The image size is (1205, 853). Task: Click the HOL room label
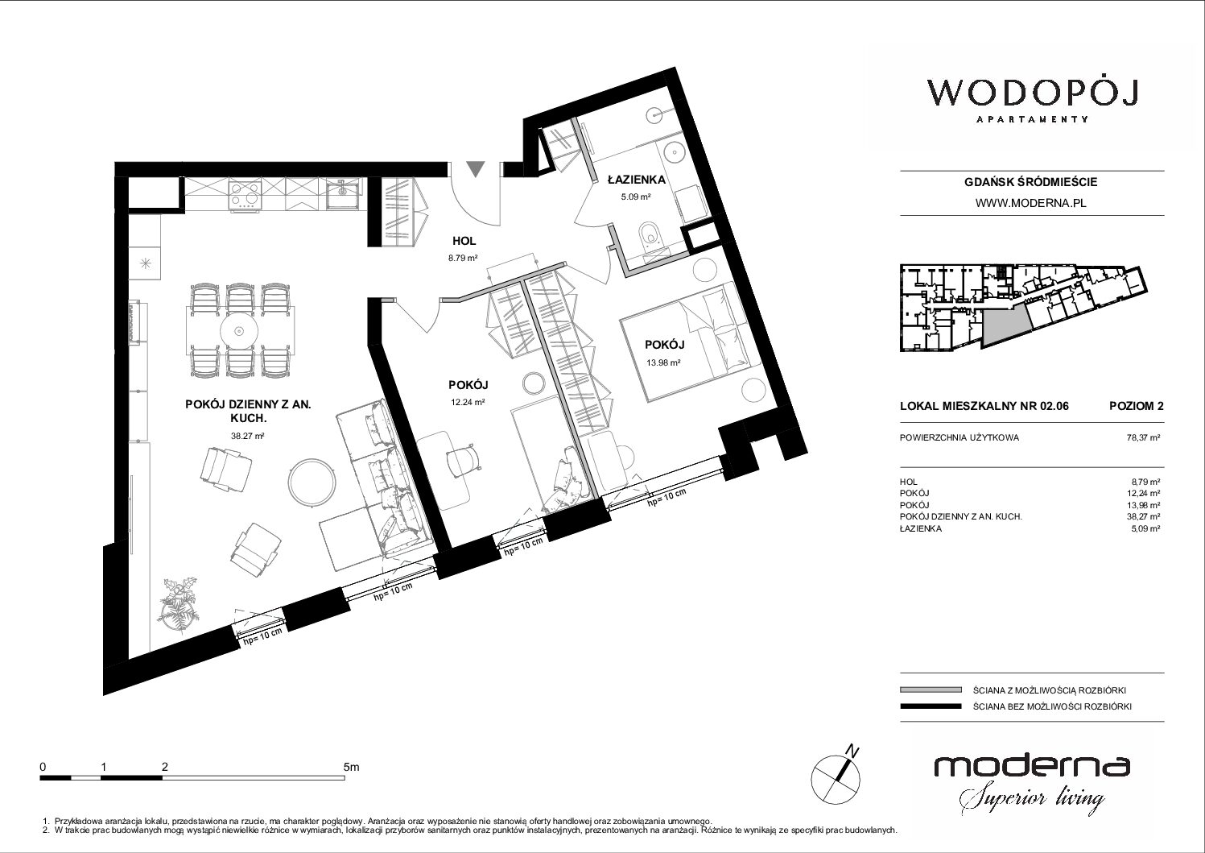pyautogui.click(x=464, y=241)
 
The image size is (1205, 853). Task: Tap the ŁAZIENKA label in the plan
pyautogui.click(x=637, y=180)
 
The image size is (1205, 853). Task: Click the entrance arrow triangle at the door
pyautogui.click(x=475, y=169)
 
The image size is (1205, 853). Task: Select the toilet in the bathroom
pyautogui.click(x=650, y=238)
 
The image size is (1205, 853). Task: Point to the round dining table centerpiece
pyautogui.click(x=239, y=331)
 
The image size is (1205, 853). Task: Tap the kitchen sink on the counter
pyautogui.click(x=343, y=194)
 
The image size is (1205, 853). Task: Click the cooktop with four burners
pyautogui.click(x=245, y=194)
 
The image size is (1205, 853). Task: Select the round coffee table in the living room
pyautogui.click(x=312, y=482)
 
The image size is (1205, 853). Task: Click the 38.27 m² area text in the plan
pyautogui.click(x=247, y=436)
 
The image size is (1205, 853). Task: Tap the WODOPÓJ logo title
pyautogui.click(x=1032, y=93)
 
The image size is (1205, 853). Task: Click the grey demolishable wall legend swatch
pyautogui.click(x=931, y=689)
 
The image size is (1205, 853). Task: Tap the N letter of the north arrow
pyautogui.click(x=852, y=750)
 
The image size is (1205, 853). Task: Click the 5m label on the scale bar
pyautogui.click(x=351, y=767)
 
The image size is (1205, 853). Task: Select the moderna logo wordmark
pyautogui.click(x=1032, y=766)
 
